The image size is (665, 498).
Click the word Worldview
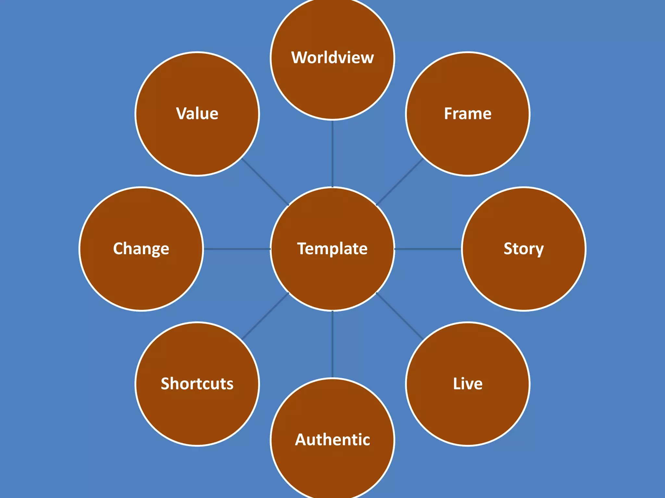(332, 58)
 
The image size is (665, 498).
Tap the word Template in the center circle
(332, 249)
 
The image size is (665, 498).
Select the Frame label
(468, 114)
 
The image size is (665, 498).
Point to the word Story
(523, 249)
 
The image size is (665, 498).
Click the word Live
(468, 384)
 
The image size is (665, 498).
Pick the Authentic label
(332, 440)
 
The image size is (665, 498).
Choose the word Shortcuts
(197, 384)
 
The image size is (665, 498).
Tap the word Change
(141, 249)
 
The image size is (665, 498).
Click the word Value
(197, 114)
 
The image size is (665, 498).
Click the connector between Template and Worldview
(332, 154)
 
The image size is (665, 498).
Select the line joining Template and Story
(428, 249)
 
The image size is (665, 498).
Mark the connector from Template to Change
(237, 249)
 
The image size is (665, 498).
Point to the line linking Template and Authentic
(332, 344)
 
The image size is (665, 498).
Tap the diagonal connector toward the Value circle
(265, 182)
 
